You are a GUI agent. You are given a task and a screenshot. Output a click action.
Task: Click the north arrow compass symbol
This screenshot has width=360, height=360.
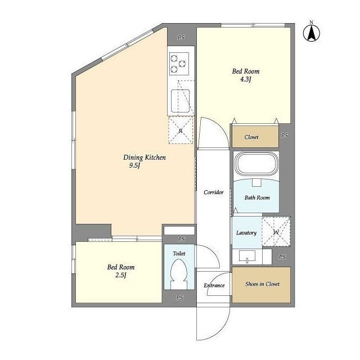point(311,33)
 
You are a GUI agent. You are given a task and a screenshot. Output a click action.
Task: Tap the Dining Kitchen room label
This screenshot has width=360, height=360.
point(145,157)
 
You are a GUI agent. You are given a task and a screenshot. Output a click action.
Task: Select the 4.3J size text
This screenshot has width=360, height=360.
point(245,79)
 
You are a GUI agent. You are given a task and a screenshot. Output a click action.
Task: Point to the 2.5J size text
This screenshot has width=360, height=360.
point(121,275)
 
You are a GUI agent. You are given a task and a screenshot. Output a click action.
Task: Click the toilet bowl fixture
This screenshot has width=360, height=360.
point(179,274)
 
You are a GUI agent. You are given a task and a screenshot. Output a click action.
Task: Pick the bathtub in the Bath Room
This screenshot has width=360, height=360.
point(256,164)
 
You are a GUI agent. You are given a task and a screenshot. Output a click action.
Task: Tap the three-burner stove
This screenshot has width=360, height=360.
point(179,64)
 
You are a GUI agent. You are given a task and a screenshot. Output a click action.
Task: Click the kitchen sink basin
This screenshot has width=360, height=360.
point(181,101)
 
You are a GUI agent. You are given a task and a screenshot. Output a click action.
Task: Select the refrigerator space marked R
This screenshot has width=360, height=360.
point(181,130)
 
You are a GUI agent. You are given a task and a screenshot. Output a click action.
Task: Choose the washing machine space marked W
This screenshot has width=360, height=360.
point(276,232)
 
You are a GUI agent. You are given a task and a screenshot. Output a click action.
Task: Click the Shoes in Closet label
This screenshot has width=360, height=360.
point(262,284)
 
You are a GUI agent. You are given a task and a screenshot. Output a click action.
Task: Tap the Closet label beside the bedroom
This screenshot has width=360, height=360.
point(251,137)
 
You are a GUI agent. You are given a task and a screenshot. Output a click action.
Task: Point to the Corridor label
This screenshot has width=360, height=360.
point(214,192)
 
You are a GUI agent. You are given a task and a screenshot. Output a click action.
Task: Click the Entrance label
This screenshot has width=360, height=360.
point(214,285)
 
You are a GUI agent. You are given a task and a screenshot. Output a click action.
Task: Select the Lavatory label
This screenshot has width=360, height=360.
point(246,233)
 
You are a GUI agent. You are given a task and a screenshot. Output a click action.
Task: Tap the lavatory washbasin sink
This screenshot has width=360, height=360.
point(247,256)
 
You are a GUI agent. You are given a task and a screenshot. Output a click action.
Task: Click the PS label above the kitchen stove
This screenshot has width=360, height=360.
point(181,37)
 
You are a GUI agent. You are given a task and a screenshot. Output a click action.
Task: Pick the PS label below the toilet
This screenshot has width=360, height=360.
point(180,298)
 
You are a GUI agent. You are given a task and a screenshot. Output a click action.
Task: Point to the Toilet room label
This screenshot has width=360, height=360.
point(179,254)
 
